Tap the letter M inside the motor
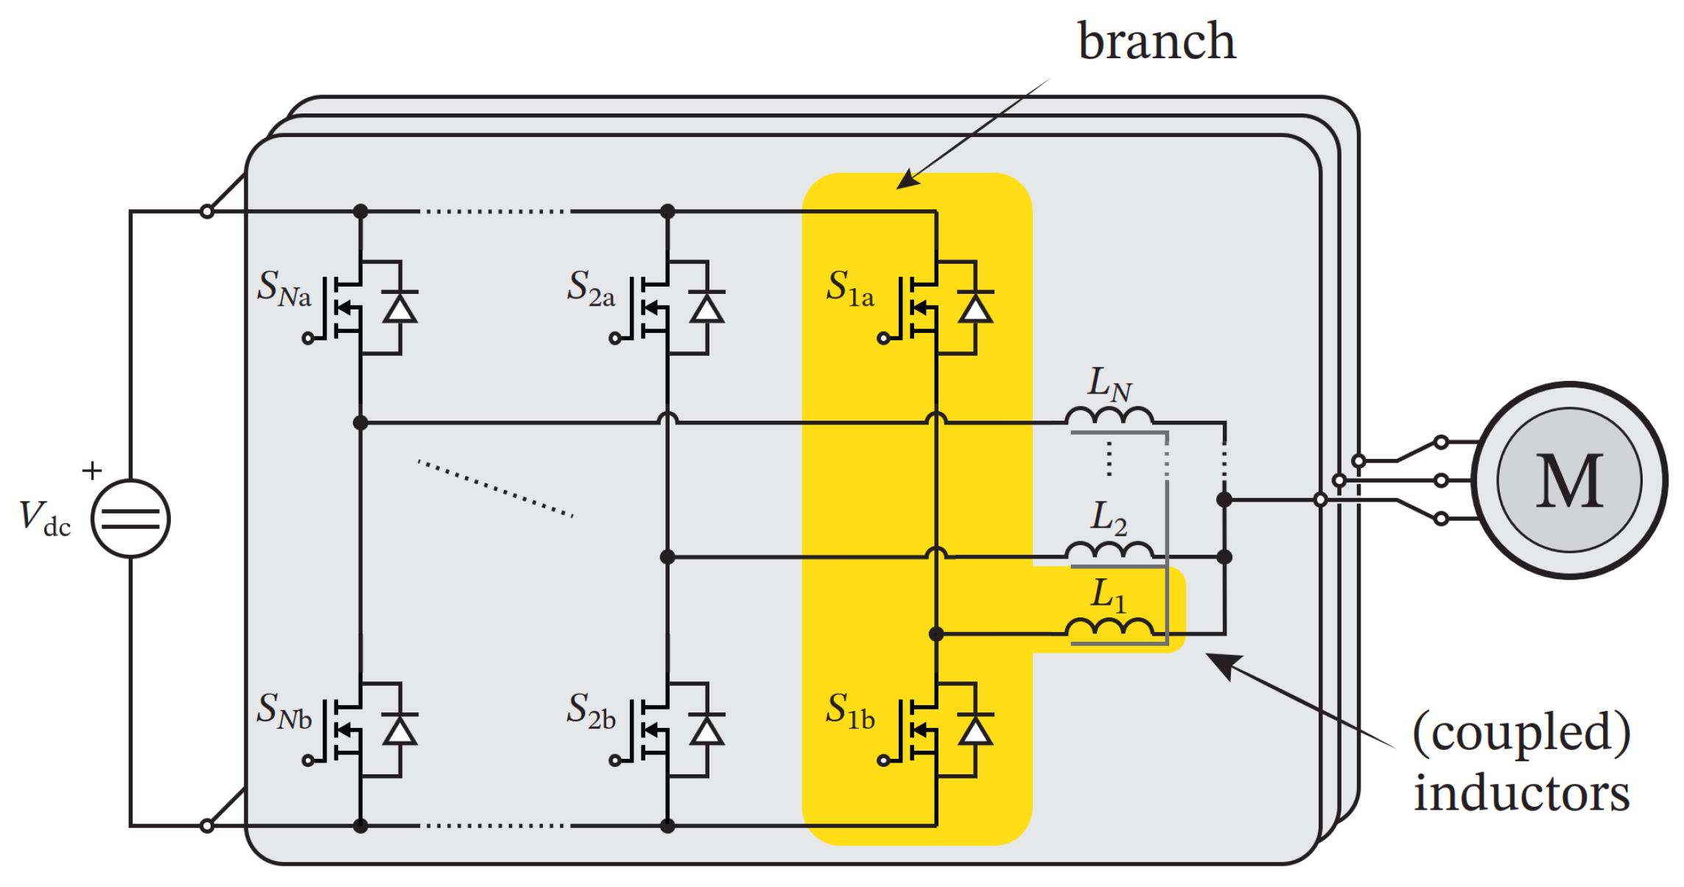point(1569,481)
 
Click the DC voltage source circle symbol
point(130,519)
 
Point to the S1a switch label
point(850,288)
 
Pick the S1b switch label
point(850,711)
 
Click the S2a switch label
point(591,288)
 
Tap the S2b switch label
point(591,711)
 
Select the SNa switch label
point(284,288)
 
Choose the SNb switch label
point(284,711)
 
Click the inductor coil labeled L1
point(1109,627)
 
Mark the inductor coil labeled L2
point(1109,550)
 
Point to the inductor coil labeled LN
point(1109,416)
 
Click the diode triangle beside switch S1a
point(975,309)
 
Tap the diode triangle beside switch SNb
point(400,731)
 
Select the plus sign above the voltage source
point(92,470)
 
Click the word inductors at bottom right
point(1522,793)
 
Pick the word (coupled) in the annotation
point(1522,733)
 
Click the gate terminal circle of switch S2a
point(615,339)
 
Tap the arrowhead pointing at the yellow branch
point(908,180)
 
